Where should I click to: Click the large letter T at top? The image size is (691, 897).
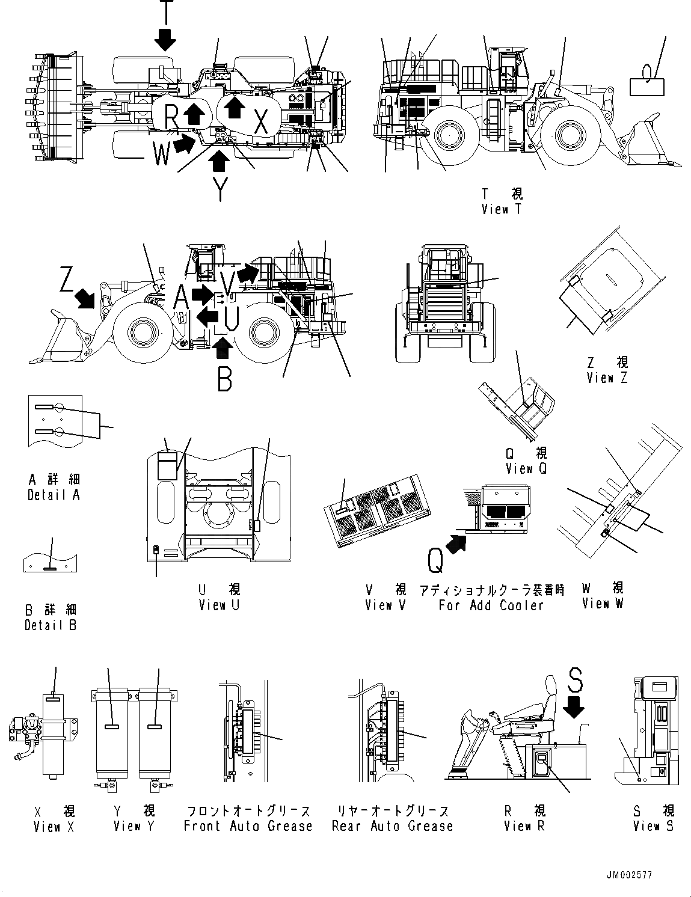coord(165,11)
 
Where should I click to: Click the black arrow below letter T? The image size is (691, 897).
coord(165,40)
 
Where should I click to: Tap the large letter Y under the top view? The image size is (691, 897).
coord(221,188)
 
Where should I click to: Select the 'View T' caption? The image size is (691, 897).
coord(502,209)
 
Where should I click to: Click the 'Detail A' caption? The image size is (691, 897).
coord(54,495)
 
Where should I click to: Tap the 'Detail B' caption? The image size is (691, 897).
coord(51,625)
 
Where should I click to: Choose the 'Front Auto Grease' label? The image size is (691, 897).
coord(248,826)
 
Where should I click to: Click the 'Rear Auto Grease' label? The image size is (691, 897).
coord(392,826)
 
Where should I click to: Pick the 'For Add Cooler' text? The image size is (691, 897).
coord(491,605)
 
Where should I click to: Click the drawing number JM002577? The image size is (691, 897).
coord(629,876)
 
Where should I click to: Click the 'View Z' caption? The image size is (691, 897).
coord(607,378)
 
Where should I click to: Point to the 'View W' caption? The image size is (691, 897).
coord(603,604)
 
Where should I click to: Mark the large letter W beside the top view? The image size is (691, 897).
coord(161,154)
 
